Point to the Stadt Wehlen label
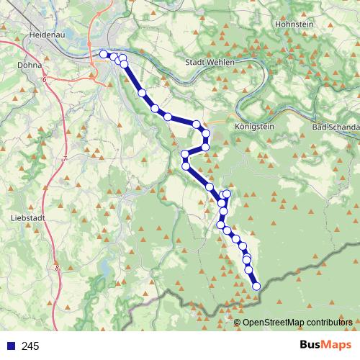(211, 62)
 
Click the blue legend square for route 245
(10, 346)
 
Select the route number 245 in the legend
(30, 346)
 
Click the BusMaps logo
(323, 346)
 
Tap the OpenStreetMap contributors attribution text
(298, 322)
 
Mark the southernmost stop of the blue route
(256, 287)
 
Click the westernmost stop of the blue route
(104, 54)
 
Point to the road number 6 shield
(44, 79)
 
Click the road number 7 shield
(64, 158)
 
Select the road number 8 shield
(57, 268)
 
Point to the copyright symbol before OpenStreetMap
(238, 322)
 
